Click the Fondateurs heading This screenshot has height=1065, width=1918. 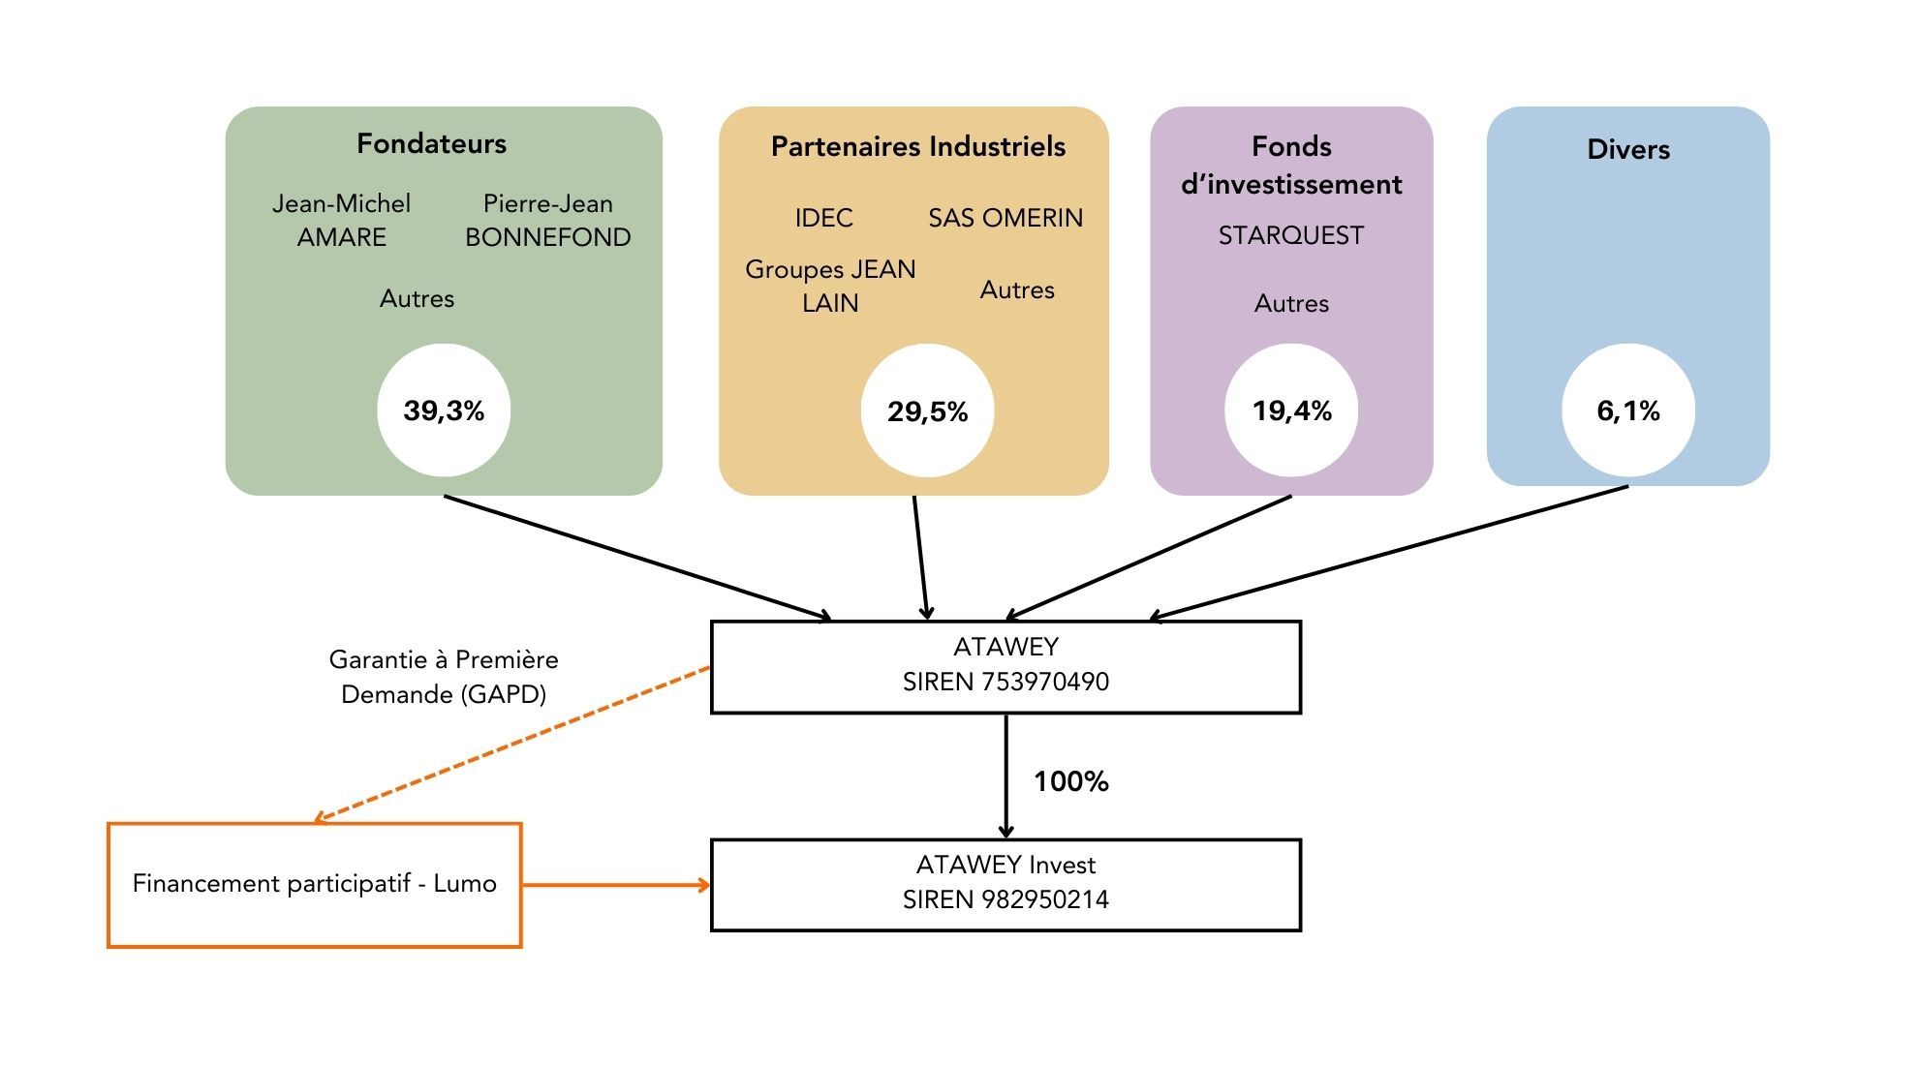(x=431, y=143)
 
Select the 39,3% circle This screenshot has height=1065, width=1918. (x=444, y=411)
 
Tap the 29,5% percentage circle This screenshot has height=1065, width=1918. (x=927, y=411)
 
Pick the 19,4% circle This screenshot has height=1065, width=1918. (x=1291, y=411)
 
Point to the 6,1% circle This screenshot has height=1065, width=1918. (x=1627, y=411)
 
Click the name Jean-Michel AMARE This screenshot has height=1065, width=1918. (x=341, y=220)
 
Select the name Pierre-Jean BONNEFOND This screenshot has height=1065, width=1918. (x=547, y=220)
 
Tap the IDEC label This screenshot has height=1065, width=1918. (x=823, y=218)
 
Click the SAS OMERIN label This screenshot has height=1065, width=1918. (x=1005, y=218)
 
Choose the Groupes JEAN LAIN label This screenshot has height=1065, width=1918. (x=830, y=286)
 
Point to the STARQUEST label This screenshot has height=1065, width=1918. (x=1290, y=235)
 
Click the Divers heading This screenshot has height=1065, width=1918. (x=1627, y=149)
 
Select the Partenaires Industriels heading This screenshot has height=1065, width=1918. (x=917, y=146)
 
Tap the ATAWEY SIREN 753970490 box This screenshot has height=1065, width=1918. (x=1005, y=667)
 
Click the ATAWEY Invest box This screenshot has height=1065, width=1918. (x=1005, y=884)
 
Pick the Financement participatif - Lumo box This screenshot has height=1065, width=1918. (x=314, y=884)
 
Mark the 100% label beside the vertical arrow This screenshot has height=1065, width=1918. (x=1070, y=781)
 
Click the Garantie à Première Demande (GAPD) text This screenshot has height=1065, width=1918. (x=444, y=677)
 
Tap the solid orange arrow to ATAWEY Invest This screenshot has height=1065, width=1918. (x=616, y=884)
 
